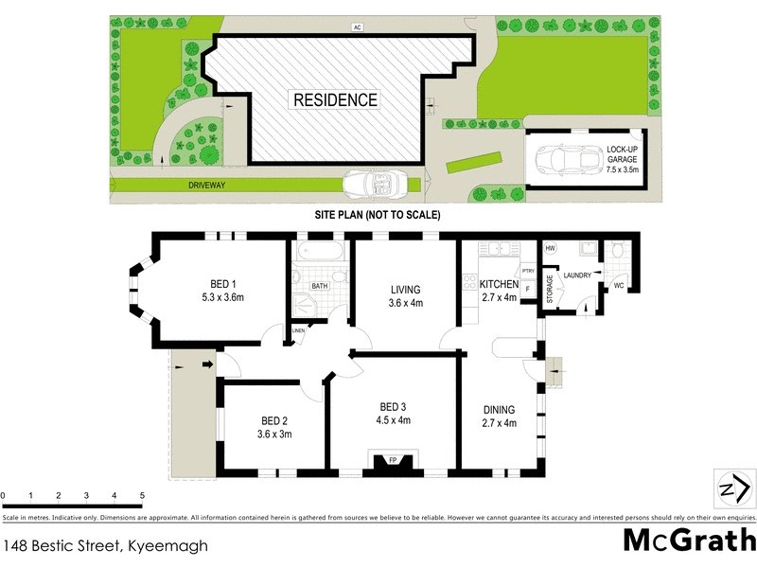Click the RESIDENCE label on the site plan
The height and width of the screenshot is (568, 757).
tap(335, 99)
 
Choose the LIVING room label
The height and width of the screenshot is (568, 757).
tap(405, 296)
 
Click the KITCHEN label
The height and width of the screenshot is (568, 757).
tap(499, 291)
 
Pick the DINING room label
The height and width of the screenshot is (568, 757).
tap(499, 417)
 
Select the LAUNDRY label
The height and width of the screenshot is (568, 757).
tap(578, 275)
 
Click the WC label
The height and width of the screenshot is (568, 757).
tap(619, 284)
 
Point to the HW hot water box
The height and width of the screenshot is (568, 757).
tap(551, 248)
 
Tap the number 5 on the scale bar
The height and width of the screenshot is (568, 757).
tap(142, 495)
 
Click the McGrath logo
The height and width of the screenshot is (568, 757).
tap(688, 540)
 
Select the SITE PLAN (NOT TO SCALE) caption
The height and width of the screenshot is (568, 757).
tap(378, 215)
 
